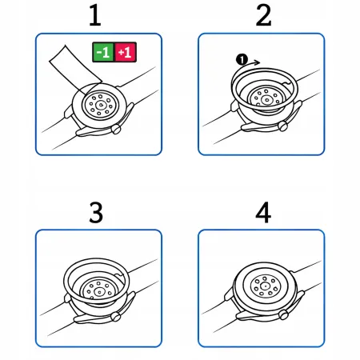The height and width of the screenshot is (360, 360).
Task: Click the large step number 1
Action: click(x=95, y=16)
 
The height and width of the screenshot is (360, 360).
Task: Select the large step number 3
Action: click(x=95, y=213)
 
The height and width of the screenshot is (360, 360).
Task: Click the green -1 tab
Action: click(x=102, y=53)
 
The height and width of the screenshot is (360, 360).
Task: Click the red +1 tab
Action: click(x=126, y=53)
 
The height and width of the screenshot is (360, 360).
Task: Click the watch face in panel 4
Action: click(x=261, y=286)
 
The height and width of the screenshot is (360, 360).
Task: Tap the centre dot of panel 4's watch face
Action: click(x=261, y=286)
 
